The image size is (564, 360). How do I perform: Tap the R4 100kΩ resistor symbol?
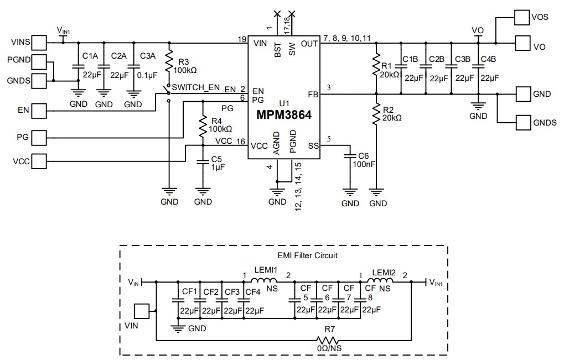tap(203, 124)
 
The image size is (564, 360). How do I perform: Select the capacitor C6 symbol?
tap(350, 158)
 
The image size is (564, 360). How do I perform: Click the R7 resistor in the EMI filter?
tap(330, 339)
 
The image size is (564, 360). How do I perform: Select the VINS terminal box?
tap(39, 42)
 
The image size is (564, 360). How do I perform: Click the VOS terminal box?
tap(522, 17)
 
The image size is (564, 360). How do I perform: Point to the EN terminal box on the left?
tap(39, 111)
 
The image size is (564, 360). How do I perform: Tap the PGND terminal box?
tap(39, 60)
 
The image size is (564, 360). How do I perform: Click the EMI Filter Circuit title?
tap(307, 255)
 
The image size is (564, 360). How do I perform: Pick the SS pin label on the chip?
tap(313, 146)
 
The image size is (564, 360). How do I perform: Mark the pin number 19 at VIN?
tap(242, 39)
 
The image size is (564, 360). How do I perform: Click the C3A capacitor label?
tap(148, 56)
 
